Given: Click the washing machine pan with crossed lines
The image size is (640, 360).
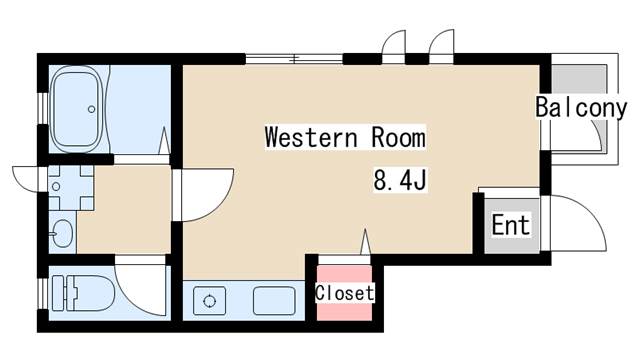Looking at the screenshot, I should pos(70,185).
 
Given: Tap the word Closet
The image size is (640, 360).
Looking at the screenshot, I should pos(345,293).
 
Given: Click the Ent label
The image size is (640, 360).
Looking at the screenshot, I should pos(510,224).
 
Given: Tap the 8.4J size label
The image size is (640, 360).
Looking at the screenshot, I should pos(400,181).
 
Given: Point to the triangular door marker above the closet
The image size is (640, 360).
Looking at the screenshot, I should pos(365,242).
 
